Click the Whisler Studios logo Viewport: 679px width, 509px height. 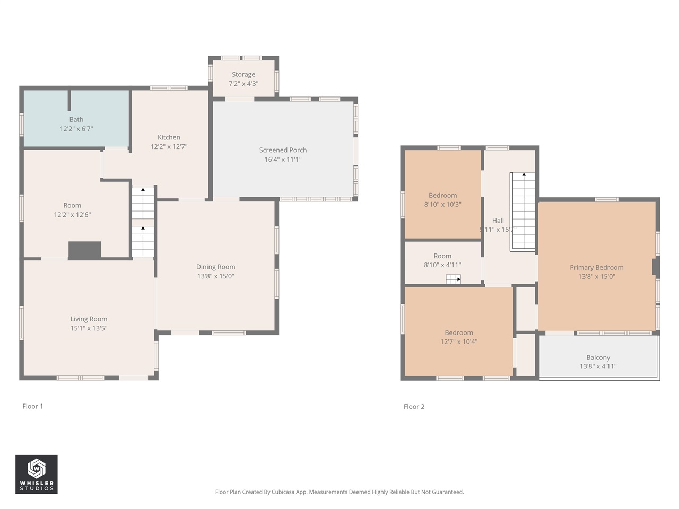[36, 474]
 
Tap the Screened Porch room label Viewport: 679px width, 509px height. [283, 150]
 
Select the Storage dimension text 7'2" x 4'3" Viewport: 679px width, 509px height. [243, 84]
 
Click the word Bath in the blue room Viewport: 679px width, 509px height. [76, 119]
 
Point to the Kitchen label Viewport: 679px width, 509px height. [169, 137]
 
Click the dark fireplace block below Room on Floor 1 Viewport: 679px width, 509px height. [85, 250]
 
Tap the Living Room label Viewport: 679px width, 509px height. [89, 319]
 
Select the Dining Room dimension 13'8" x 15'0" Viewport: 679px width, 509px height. [215, 276]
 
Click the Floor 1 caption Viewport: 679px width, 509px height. [33, 406]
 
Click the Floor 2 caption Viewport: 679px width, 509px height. [414, 407]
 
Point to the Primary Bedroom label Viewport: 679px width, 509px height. [596, 267]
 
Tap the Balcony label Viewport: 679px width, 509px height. [598, 357]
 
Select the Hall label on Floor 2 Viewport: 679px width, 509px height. [498, 220]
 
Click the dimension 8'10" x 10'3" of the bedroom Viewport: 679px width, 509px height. [442, 205]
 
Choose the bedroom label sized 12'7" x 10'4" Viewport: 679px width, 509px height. [459, 332]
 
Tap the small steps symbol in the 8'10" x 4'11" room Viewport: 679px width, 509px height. [453, 279]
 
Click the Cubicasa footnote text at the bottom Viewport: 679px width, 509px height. [339, 492]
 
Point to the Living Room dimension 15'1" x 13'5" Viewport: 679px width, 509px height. [89, 328]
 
